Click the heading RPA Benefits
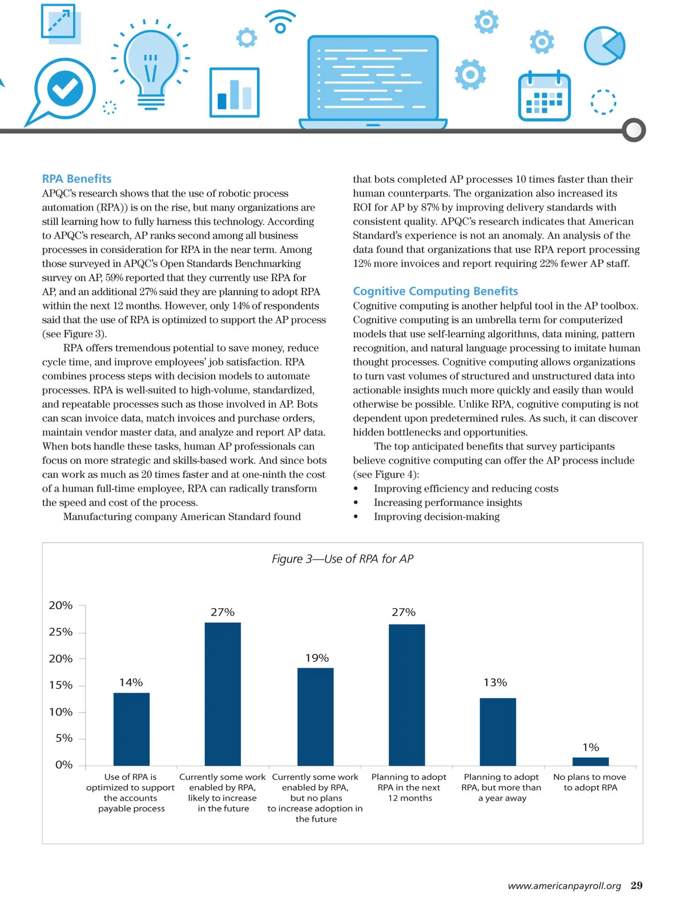(x=76, y=179)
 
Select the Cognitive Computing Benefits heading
(x=435, y=291)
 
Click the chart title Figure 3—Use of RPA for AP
(x=342, y=559)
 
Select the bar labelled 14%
(x=131, y=729)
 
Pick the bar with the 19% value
(x=316, y=717)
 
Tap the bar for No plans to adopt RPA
(x=590, y=762)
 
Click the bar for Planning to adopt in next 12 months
(x=407, y=695)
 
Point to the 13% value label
(x=495, y=682)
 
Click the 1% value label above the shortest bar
(x=590, y=747)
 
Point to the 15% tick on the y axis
(x=61, y=685)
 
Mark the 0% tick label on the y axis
(x=64, y=765)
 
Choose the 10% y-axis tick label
(x=61, y=712)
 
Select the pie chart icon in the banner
(x=605, y=46)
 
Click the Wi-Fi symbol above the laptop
(x=280, y=22)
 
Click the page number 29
(x=636, y=886)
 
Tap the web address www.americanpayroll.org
(x=564, y=886)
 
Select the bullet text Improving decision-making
(x=436, y=517)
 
